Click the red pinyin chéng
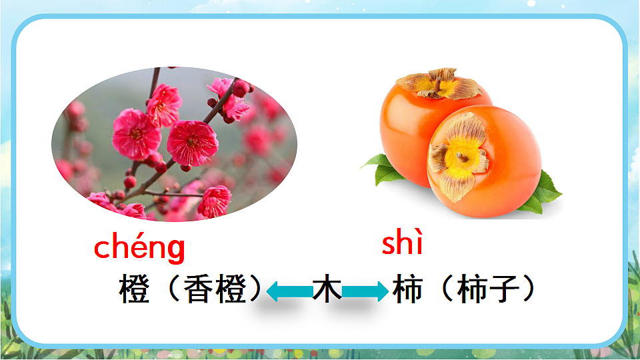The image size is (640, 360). (x=139, y=247)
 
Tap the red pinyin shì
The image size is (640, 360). (x=402, y=244)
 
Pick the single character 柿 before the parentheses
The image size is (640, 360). (x=407, y=290)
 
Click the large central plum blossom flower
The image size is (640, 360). (x=192, y=142)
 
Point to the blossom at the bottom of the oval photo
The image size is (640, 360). (x=215, y=201)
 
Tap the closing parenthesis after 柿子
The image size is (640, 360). (x=529, y=290)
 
